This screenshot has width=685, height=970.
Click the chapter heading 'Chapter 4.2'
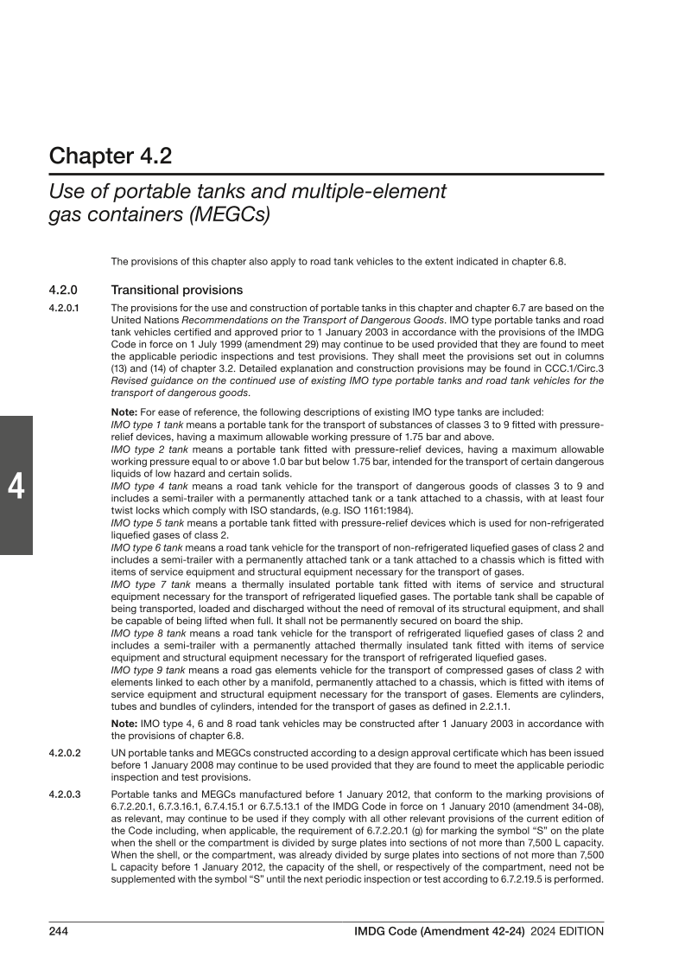pyautogui.click(x=110, y=156)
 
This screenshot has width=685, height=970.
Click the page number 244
pyautogui.click(x=59, y=931)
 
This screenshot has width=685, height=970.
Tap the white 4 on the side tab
pyautogui.click(x=16, y=488)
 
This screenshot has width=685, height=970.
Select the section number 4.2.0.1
pyautogui.click(x=65, y=308)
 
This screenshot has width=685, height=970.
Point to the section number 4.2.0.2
pyautogui.click(x=65, y=754)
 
